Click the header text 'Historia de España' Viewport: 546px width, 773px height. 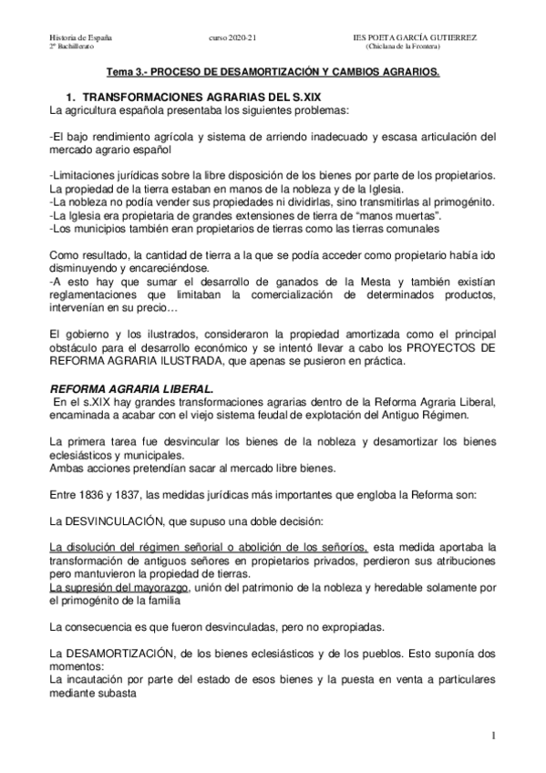80,37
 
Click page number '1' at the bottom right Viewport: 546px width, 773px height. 492,736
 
